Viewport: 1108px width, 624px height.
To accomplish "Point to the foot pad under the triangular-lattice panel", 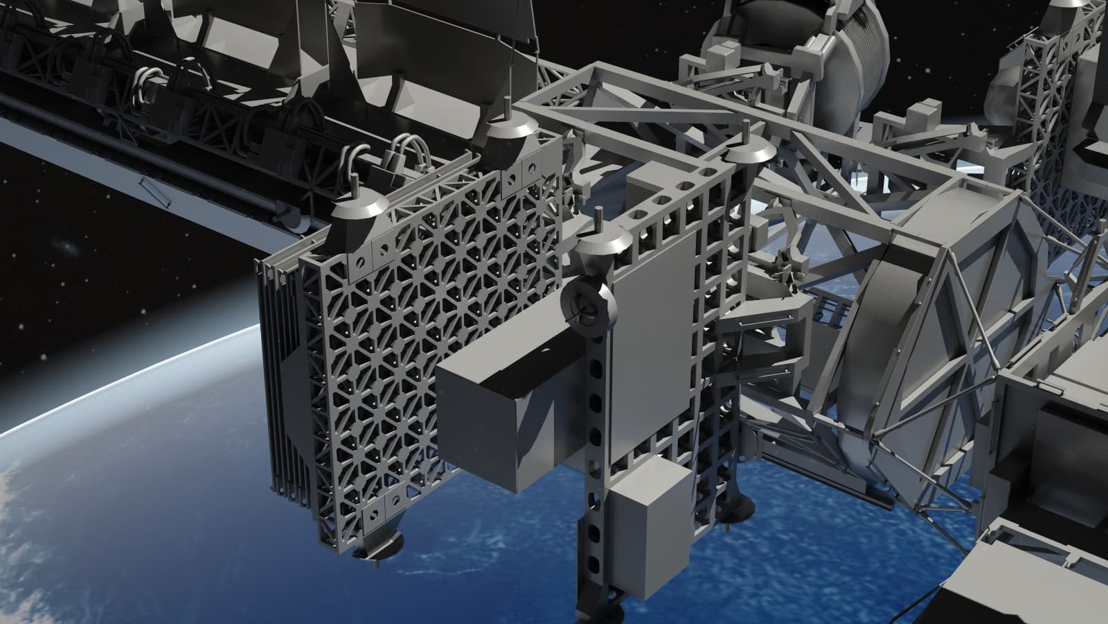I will [x=377, y=547].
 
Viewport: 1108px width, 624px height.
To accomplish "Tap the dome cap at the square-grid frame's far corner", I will [x=751, y=150].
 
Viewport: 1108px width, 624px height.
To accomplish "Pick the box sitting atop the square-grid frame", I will [x=648, y=183].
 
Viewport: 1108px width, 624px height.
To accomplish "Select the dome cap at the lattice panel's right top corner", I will [x=510, y=130].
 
